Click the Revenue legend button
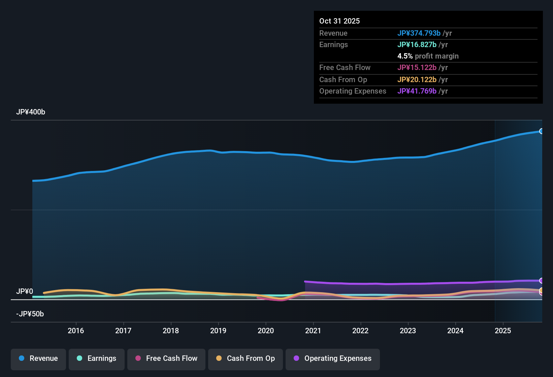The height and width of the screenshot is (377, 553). tap(38, 358)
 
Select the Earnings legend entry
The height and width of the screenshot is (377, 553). tap(97, 358)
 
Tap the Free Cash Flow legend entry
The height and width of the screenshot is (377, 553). tap(166, 358)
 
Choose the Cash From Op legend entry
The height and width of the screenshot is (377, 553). tap(246, 358)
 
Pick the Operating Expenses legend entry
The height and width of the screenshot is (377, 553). tap(333, 358)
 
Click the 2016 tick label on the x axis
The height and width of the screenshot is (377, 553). tap(76, 331)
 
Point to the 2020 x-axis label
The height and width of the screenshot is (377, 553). tap(266, 331)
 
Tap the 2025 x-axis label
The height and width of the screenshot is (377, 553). tap(503, 331)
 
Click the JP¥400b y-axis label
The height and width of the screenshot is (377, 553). tap(31, 112)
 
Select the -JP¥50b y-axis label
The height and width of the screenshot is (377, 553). tap(30, 314)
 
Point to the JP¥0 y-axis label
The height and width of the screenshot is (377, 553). tap(25, 292)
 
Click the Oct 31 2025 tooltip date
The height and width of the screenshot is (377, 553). tap(339, 21)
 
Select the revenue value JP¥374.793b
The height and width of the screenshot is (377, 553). tap(419, 33)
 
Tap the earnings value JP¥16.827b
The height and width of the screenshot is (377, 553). tap(417, 45)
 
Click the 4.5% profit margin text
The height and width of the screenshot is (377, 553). tap(428, 56)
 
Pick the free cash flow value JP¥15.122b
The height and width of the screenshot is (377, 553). tap(417, 68)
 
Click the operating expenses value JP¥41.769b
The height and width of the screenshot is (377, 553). tap(417, 91)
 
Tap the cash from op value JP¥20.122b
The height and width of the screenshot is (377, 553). tap(417, 80)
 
